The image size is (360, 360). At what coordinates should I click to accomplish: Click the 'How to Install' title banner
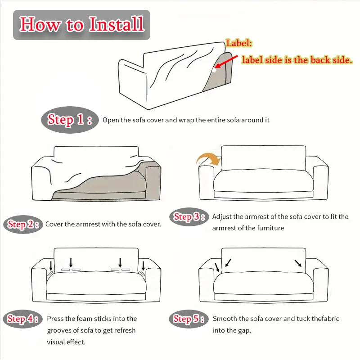81,25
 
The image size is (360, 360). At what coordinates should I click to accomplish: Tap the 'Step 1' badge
70,120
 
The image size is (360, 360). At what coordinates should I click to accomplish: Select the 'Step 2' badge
23,224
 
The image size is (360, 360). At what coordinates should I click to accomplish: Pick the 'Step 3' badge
189,217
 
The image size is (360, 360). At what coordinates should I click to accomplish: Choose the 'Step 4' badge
23,319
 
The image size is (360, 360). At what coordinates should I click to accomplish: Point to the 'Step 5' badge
189,319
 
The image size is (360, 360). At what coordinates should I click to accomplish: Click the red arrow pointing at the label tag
226,62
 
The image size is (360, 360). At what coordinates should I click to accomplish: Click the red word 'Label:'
239,43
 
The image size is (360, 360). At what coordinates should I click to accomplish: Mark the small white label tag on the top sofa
214,70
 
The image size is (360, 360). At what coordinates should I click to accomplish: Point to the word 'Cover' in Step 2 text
54,224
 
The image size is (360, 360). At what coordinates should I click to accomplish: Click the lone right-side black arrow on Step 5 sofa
298,263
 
